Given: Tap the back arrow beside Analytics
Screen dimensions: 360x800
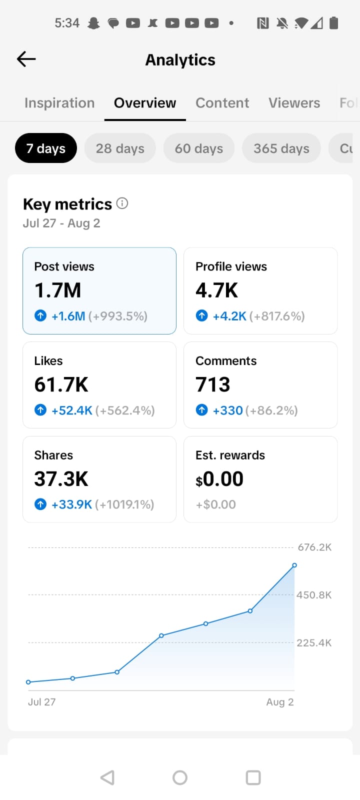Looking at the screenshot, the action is point(26,59).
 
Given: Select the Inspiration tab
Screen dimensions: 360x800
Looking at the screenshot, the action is point(59,103).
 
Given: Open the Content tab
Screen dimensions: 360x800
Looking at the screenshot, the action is point(222,103).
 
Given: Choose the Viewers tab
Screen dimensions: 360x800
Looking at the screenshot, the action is point(294,103).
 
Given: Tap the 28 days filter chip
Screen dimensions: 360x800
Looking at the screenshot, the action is point(120,148).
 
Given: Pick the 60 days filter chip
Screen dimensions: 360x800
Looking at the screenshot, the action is point(199,148).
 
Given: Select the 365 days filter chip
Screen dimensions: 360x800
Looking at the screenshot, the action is point(281,148).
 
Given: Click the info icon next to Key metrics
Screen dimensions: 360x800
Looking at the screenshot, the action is point(122,203).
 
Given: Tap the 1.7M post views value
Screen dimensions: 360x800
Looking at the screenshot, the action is point(58,290).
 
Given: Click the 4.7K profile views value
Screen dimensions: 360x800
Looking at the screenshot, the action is point(217,290).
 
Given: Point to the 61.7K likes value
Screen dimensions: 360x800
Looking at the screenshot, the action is point(61,384).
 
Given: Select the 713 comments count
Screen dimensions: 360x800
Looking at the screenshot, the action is point(213,384).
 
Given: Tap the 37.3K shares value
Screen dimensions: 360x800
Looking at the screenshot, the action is point(61,478).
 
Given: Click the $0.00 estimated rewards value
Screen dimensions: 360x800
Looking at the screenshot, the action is point(219,479).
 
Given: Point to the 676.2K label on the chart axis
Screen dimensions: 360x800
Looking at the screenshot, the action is point(314,547).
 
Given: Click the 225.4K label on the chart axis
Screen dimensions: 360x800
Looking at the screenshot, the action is point(314,643).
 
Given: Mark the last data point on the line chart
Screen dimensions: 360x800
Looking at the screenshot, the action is point(294,565).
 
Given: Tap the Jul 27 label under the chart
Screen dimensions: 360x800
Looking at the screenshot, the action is point(42,702).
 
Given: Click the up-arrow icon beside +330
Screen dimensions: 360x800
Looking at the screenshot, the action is point(202,410).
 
